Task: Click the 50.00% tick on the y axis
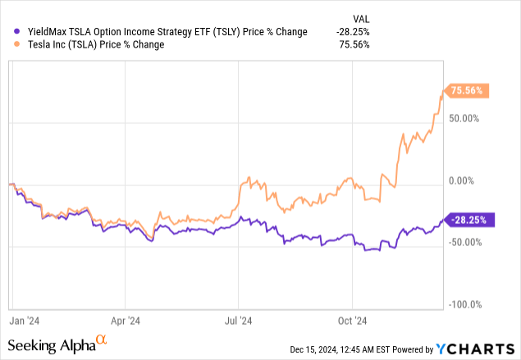464,118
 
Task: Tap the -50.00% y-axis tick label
464,242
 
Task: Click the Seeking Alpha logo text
53,346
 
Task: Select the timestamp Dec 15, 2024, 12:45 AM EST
339,349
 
